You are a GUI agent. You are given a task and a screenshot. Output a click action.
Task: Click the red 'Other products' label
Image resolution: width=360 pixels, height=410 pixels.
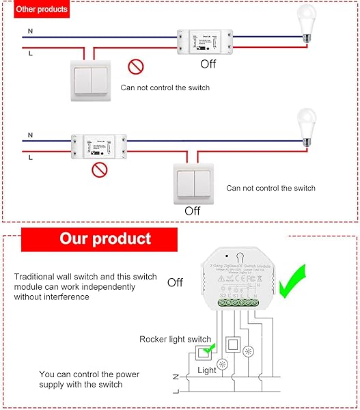tap(42, 10)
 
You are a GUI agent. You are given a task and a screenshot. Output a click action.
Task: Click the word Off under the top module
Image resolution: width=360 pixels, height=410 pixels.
tap(208, 64)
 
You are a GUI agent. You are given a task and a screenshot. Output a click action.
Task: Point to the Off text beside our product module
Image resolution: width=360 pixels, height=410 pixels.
tap(175, 282)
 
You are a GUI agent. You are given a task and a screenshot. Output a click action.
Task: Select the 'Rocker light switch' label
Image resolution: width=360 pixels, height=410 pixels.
tap(175, 339)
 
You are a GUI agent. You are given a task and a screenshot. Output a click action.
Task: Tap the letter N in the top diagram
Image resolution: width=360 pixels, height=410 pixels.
tap(29, 31)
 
